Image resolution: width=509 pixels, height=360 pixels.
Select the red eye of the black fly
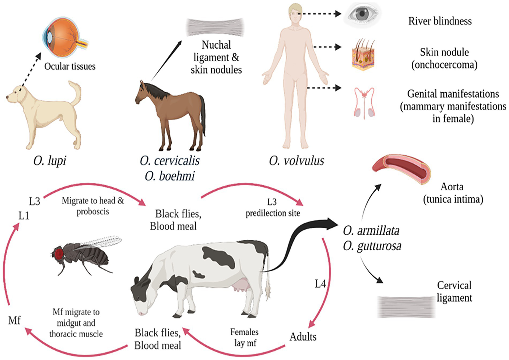(x=59, y=254)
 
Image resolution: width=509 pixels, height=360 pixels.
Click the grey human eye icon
(x=362, y=14)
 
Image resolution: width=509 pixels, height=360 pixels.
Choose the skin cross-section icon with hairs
(x=363, y=55)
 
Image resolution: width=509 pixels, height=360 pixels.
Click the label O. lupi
(x=50, y=161)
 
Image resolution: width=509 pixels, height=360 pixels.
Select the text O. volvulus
(x=296, y=161)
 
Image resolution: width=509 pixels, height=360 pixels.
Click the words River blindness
(x=440, y=21)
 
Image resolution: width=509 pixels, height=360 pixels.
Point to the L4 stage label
(x=320, y=284)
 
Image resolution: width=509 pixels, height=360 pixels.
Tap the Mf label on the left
(x=15, y=320)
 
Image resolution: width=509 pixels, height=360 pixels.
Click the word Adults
(x=303, y=337)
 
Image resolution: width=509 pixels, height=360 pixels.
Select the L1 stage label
(x=24, y=216)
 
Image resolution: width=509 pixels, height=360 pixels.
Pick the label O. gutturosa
(x=372, y=246)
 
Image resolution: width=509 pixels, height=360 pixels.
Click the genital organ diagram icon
(x=364, y=103)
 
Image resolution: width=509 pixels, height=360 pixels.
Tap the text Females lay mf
(x=245, y=337)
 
